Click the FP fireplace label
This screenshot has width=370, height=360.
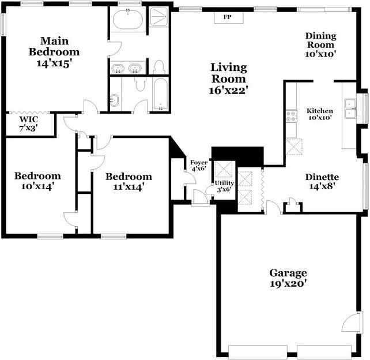228,17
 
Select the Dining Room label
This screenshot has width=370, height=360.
320,44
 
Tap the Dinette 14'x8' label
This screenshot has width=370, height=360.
322,182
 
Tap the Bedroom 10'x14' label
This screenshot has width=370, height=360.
37,181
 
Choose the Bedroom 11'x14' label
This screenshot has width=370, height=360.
129,182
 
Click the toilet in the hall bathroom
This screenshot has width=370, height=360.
139,85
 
